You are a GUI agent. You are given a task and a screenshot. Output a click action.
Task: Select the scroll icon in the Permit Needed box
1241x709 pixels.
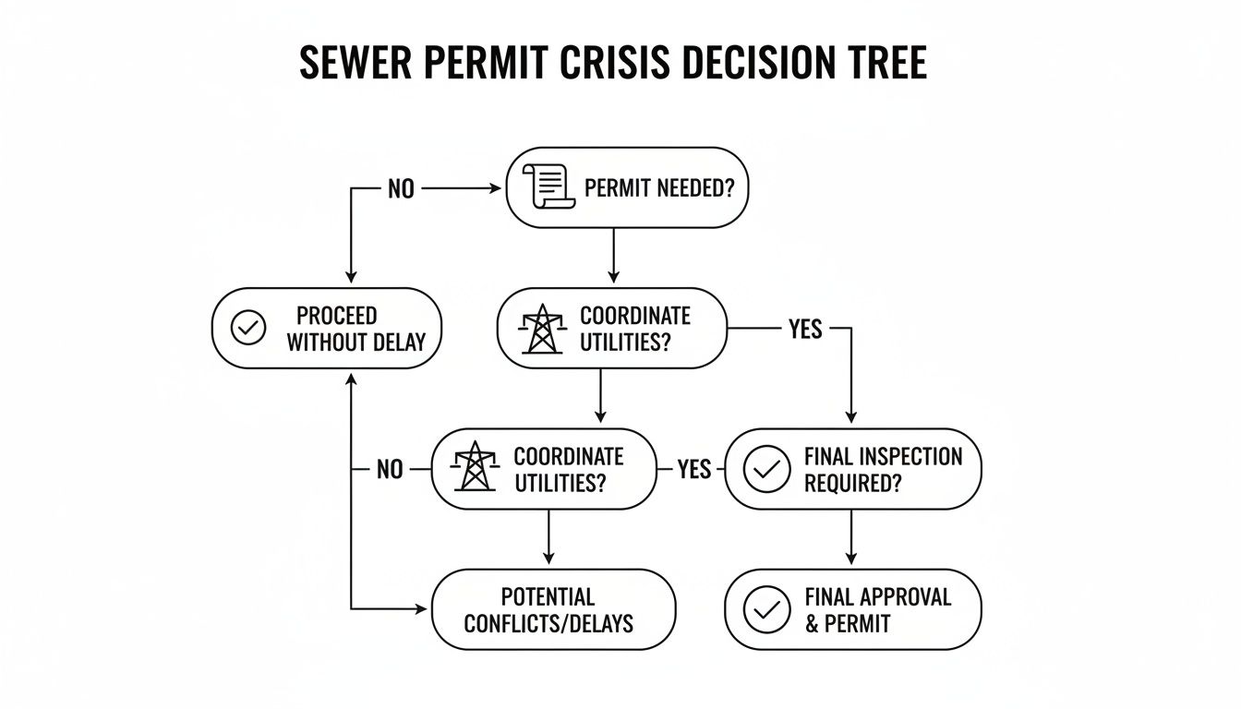point(544,187)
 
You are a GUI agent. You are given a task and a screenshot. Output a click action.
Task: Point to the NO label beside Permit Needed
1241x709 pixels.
point(401,189)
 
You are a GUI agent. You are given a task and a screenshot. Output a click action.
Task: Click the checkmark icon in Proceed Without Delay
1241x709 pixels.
point(248,328)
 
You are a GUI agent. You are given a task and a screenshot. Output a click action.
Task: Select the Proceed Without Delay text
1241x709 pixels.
point(355,329)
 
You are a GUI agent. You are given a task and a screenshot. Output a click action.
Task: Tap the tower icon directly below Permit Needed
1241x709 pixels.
point(540,329)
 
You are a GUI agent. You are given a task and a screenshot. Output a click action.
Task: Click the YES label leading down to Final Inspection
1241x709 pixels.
point(805,329)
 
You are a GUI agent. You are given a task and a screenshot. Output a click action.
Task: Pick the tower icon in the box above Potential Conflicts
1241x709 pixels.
point(475,468)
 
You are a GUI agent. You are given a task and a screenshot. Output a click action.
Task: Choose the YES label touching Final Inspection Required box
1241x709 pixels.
point(693,469)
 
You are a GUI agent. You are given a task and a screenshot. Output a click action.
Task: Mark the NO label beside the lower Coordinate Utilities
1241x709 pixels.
point(390,469)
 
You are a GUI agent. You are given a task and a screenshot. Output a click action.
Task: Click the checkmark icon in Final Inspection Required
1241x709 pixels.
point(766,469)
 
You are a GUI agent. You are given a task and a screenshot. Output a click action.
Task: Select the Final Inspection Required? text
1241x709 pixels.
point(883,469)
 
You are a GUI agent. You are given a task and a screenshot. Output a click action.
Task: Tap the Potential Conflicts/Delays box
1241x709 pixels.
point(552,609)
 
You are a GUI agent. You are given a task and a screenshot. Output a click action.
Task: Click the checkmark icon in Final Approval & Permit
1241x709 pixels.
point(766,609)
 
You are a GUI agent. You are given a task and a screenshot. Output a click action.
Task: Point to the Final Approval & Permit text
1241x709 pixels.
point(877,609)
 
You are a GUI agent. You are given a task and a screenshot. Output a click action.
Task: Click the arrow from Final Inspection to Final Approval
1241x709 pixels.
point(851,537)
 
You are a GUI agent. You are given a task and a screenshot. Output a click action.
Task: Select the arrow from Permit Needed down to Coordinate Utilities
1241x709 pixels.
point(614,256)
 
